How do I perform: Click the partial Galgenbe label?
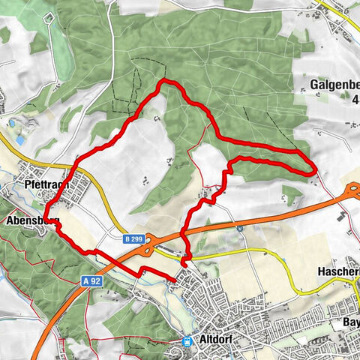click(x=334, y=85)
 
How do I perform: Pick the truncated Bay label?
click(x=349, y=322)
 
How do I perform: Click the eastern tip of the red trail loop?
click(x=311, y=170)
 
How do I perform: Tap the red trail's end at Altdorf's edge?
click(x=175, y=280)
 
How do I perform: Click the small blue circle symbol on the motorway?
click(x=238, y=227)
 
